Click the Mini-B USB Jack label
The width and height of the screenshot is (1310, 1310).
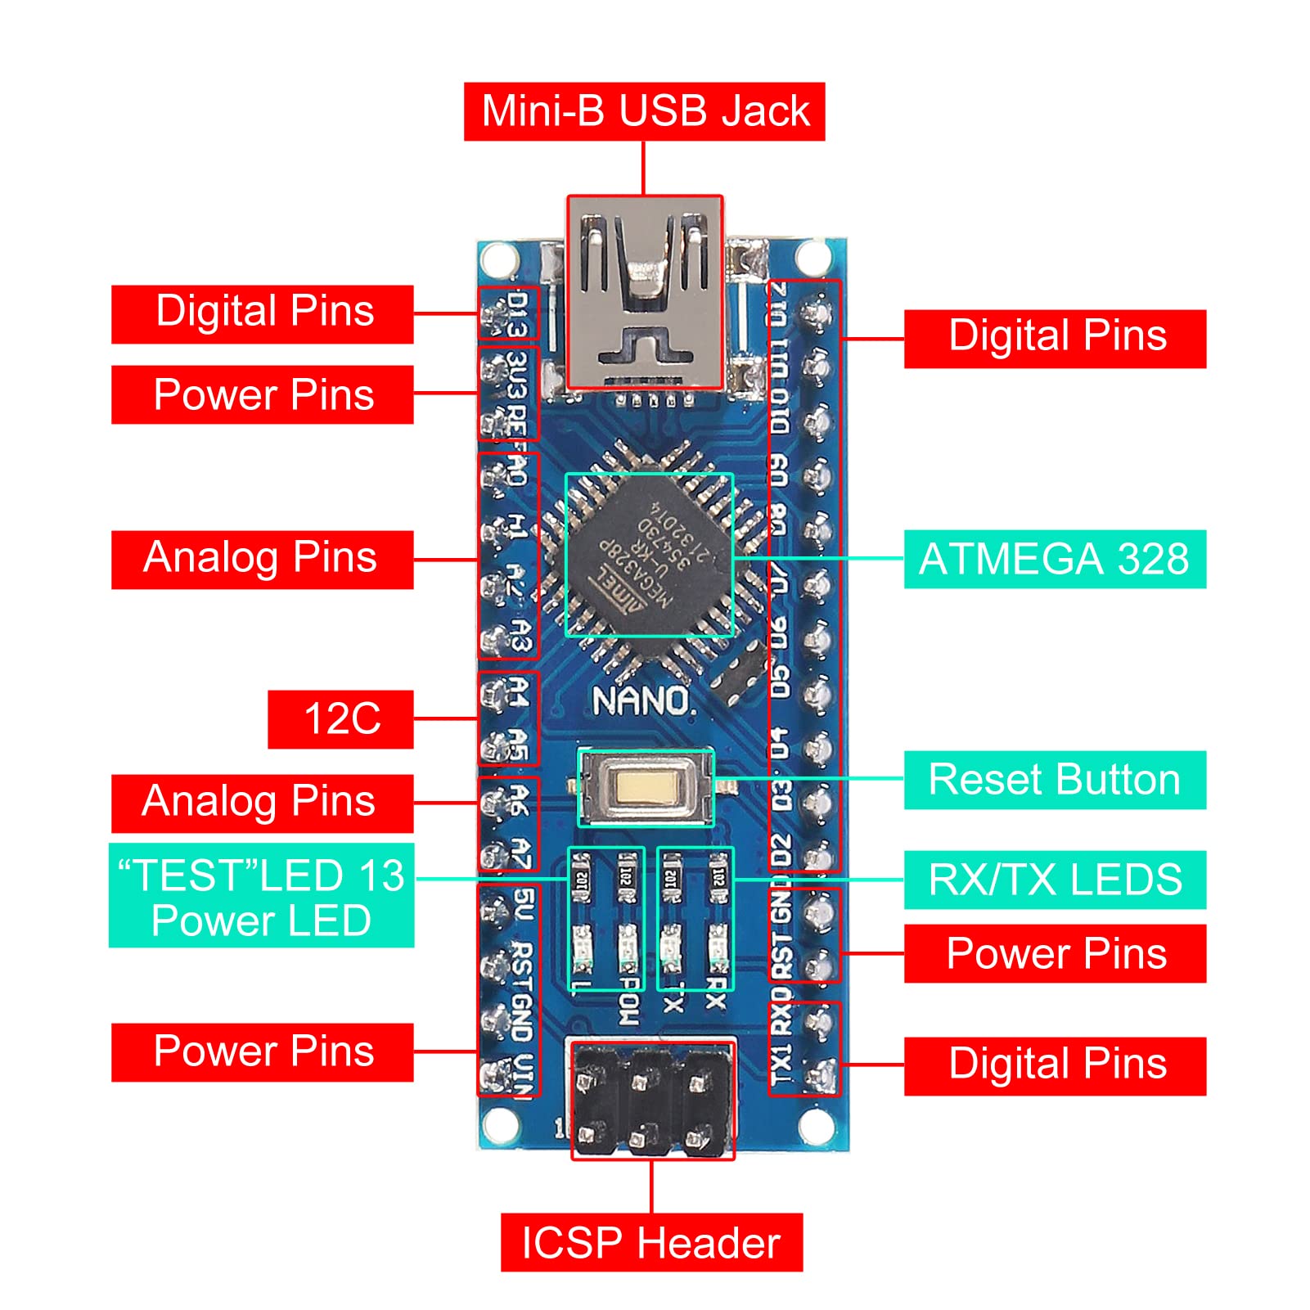pos(644,111)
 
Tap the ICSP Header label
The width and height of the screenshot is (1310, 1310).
pos(651,1242)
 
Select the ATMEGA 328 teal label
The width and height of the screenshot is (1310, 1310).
pos(1054,560)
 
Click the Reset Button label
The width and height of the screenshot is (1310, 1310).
pos(1054,780)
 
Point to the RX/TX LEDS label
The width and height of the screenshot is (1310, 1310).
pos(1054,880)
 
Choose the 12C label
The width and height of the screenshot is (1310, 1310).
pos(340,719)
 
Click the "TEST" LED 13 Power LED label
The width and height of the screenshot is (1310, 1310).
pos(261,896)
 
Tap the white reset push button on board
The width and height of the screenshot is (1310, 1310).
pos(646,787)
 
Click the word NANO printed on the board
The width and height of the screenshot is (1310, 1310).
pos(641,701)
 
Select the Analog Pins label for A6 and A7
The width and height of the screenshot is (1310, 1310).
pos(261,803)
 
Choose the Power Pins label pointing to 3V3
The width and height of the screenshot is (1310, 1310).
pos(263,395)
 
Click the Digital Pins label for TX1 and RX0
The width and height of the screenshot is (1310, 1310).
pos(1054,1065)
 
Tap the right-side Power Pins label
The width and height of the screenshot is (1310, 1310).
pos(1054,953)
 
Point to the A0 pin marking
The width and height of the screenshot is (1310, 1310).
pos(517,470)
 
